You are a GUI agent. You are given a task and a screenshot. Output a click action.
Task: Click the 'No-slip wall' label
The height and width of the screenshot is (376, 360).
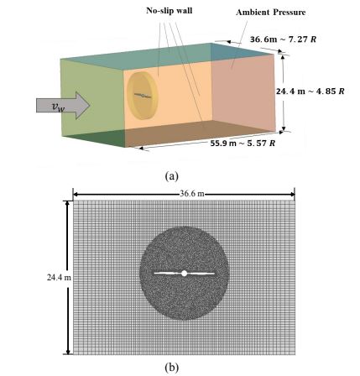tap(170, 11)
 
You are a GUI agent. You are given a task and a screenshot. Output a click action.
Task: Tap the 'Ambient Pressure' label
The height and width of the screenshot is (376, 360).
tap(270, 13)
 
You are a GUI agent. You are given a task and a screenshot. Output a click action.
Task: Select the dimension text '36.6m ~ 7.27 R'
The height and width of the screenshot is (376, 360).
tap(283, 39)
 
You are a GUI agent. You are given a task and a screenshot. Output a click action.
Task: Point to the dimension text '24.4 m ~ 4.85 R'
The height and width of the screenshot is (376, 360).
tap(310, 91)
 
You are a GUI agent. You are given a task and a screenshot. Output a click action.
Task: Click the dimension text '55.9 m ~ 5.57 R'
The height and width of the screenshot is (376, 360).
tap(243, 144)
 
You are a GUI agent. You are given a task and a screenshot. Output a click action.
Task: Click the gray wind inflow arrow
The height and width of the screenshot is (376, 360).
tap(63, 106)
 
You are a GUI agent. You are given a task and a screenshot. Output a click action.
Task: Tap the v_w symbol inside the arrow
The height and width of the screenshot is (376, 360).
tap(58, 107)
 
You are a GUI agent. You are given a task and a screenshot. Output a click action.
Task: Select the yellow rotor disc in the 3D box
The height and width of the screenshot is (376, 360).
tap(143, 96)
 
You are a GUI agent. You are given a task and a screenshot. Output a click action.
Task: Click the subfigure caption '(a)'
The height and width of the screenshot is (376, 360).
tap(172, 176)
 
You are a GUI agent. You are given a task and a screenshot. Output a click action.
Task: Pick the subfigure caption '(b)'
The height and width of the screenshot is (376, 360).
tap(172, 367)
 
